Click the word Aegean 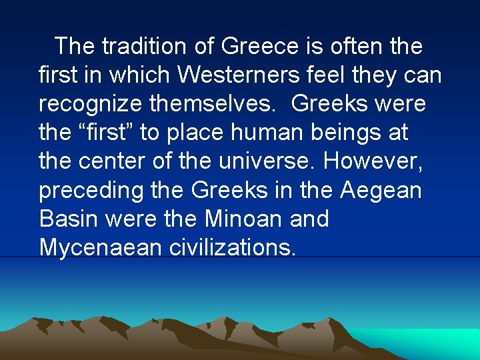tap(381, 191)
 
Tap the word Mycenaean tap(98, 248)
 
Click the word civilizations tap(226, 248)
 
